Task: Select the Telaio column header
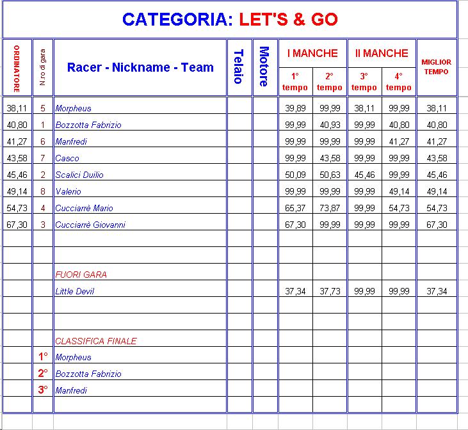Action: pyautogui.click(x=238, y=67)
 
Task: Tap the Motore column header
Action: pyautogui.click(x=264, y=67)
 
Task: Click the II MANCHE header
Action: pyautogui.click(x=382, y=53)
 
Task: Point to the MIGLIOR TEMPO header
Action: pyautogui.click(x=436, y=67)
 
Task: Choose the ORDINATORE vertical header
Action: pyautogui.click(x=17, y=68)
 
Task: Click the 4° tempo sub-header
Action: pyautogui.click(x=399, y=82)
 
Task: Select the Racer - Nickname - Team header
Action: pyautogui.click(x=140, y=67)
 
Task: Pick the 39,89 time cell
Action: pyautogui.click(x=295, y=108)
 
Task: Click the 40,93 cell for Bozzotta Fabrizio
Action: pyautogui.click(x=330, y=125)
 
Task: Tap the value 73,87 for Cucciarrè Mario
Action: pyautogui.click(x=330, y=208)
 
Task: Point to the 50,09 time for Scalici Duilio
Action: pyautogui.click(x=295, y=175)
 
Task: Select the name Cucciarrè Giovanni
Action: pyautogui.click(x=90, y=225)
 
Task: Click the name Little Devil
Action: pyautogui.click(x=75, y=291)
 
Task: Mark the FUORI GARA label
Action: pyautogui.click(x=81, y=275)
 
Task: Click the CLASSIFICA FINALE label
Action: pyautogui.click(x=95, y=341)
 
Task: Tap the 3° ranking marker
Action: pyautogui.click(x=43, y=390)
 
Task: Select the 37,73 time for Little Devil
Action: pyautogui.click(x=330, y=291)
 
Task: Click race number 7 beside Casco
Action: pyautogui.click(x=43, y=158)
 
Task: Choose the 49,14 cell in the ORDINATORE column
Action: pyautogui.click(x=17, y=191)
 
